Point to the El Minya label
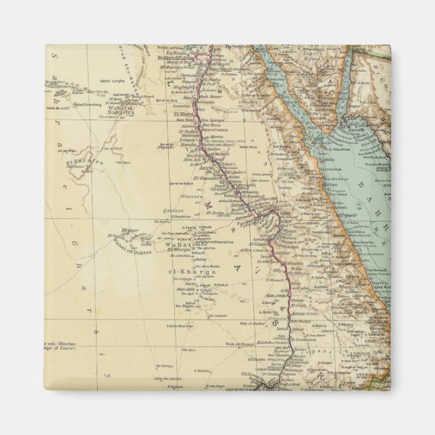(186, 114)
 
